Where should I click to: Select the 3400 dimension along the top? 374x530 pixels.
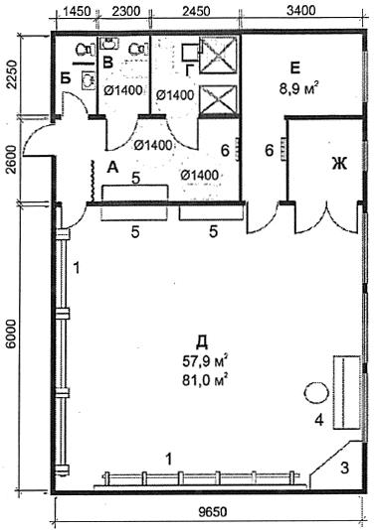click(x=301, y=11)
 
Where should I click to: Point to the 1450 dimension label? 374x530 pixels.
click(x=78, y=11)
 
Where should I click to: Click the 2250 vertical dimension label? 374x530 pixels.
click(x=11, y=74)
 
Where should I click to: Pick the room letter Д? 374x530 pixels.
click(x=202, y=342)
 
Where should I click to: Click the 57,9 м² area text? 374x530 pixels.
click(x=205, y=361)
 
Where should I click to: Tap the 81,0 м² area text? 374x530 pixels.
click(x=205, y=380)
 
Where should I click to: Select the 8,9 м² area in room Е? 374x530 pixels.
click(x=298, y=89)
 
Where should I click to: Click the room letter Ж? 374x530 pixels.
click(x=340, y=165)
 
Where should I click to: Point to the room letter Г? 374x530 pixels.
click(x=190, y=71)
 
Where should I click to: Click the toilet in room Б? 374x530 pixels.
click(x=84, y=50)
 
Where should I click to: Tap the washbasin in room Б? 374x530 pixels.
click(x=88, y=79)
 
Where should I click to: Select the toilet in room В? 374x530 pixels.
click(x=138, y=49)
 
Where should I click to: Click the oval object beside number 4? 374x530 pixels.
click(x=316, y=393)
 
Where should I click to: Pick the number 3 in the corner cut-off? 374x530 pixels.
click(x=344, y=468)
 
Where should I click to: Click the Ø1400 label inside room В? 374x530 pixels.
click(x=122, y=90)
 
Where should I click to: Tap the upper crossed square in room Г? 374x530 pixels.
click(x=217, y=55)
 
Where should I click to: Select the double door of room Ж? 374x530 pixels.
click(x=326, y=218)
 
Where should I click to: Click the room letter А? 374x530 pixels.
click(x=112, y=167)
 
